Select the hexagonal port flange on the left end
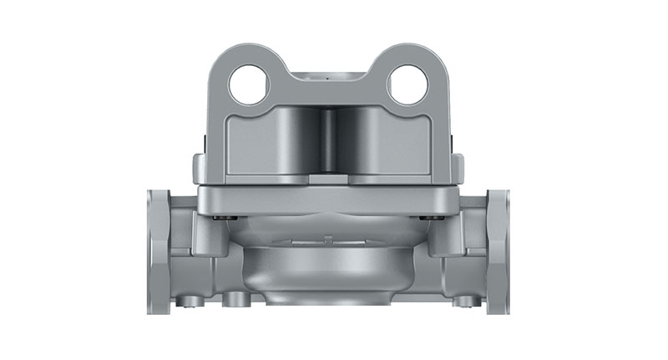click(x=159, y=251)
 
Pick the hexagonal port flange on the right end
click(x=498, y=251)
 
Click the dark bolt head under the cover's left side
click(x=218, y=218)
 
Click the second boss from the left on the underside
click(x=230, y=298)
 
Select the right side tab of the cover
click(x=456, y=167)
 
